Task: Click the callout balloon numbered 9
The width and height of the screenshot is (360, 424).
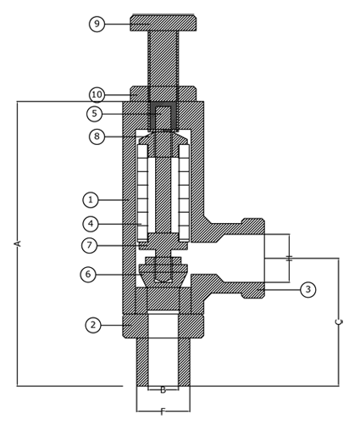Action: point(97,24)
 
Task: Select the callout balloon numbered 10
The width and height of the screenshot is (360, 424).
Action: point(97,94)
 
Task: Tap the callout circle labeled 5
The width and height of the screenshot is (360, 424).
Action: point(95,114)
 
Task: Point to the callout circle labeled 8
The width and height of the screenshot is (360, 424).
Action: point(97,137)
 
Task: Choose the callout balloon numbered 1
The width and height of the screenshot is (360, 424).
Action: point(91,200)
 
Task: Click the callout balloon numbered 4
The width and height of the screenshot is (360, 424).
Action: point(91,224)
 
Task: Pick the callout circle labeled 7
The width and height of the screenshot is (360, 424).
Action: point(90,245)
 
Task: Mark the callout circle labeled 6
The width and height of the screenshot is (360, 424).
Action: point(88,274)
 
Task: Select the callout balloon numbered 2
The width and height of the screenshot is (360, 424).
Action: point(93,325)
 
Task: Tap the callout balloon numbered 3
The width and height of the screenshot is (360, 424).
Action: point(307,289)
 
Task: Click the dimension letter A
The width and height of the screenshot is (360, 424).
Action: point(18,243)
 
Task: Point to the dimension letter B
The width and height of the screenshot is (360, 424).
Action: point(163,390)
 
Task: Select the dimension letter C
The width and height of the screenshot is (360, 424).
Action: point(339,321)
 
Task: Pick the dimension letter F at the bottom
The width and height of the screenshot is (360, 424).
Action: point(163,412)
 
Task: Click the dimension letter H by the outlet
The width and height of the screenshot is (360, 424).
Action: point(289,258)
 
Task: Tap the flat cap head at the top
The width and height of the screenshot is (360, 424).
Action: point(163,23)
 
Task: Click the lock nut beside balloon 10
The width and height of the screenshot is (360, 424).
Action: point(163,93)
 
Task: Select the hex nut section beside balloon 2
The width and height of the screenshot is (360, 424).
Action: point(163,326)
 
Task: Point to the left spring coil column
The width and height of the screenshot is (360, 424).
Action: point(142,193)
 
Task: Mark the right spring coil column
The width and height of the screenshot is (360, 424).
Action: point(184,193)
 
